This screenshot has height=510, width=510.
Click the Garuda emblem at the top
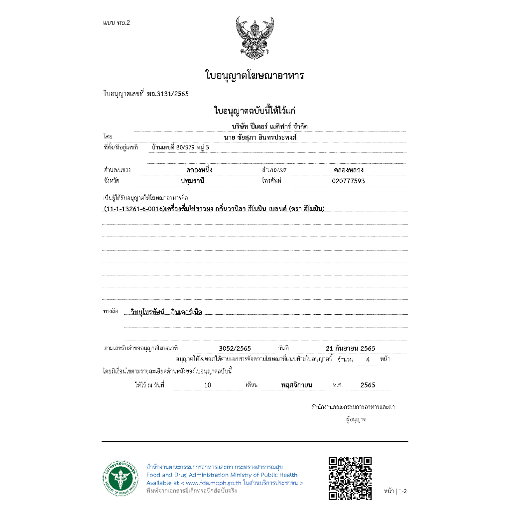[255, 37]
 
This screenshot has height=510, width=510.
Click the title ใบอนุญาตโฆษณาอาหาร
[255, 76]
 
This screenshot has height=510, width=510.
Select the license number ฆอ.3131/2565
[168, 94]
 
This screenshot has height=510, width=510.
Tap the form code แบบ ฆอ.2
[116, 23]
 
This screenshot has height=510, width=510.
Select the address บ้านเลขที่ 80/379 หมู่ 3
[180, 147]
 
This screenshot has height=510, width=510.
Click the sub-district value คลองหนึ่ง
[199, 170]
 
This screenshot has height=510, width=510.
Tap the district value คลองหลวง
[348, 170]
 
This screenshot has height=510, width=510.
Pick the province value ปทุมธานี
[192, 181]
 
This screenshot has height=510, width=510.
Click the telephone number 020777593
[348, 181]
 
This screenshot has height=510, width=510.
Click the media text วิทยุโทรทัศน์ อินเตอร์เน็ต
[165, 312]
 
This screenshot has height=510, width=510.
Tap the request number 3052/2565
[235, 348]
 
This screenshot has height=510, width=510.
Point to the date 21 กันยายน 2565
[350, 348]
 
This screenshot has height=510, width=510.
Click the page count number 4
[368, 359]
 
